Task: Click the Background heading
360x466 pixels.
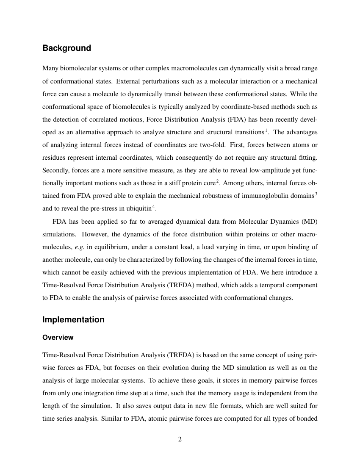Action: coord(66,48)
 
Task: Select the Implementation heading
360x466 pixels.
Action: coord(73,320)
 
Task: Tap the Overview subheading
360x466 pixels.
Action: coord(58,338)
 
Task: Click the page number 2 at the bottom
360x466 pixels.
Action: coord(180,439)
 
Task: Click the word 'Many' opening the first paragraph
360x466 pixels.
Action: coord(50,68)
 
